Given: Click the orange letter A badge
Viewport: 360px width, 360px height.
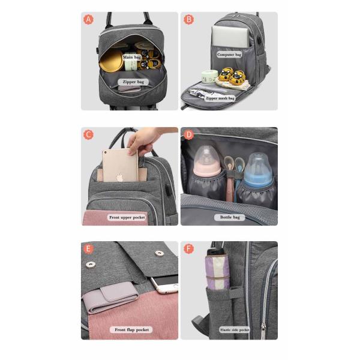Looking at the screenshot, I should point(89,20).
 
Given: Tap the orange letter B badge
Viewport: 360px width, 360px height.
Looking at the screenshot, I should point(188,20).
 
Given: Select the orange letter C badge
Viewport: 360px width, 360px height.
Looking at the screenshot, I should point(89,134).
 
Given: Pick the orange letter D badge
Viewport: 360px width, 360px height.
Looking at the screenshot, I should point(188,134).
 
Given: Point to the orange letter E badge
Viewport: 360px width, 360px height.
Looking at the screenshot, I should point(89,249).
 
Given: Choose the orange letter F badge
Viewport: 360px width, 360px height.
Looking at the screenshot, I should point(188,249).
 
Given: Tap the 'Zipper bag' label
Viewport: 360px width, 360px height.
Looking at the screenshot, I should point(133,81).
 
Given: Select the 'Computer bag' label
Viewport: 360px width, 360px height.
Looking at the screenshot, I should point(229,55).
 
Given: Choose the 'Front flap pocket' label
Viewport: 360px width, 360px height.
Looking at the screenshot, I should point(133,329).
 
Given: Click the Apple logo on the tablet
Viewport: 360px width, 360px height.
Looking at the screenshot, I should point(120,177).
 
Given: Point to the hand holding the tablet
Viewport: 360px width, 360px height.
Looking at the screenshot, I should point(142,144).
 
